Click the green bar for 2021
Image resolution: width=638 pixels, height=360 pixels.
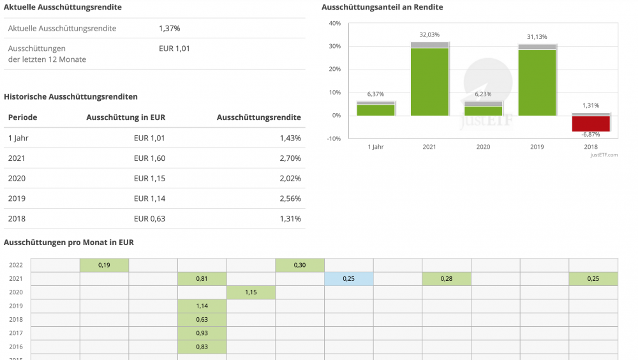429,82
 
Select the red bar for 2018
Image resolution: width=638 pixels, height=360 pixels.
591,123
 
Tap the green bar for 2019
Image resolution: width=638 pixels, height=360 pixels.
537,82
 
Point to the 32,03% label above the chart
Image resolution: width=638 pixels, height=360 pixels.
429,34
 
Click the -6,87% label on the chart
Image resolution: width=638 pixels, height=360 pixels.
590,135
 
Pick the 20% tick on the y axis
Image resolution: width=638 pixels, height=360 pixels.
334,70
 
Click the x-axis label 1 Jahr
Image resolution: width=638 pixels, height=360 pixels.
376,147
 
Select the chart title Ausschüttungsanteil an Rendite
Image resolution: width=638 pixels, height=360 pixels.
382,7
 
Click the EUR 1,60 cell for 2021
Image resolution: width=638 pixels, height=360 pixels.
149,158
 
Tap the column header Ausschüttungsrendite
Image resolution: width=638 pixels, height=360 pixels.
258,117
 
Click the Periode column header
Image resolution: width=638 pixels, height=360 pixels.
22,117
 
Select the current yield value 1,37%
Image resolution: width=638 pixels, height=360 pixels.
169,28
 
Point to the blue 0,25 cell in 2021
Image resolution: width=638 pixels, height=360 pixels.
348,279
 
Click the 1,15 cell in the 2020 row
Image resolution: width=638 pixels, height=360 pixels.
251,292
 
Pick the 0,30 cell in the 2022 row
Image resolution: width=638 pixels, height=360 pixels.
299,265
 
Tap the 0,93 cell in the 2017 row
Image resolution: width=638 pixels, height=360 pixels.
202,333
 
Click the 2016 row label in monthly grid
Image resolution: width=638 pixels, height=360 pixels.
16,347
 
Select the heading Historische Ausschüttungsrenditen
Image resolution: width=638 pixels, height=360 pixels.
71,97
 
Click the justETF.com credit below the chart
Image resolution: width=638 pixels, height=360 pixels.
604,154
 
